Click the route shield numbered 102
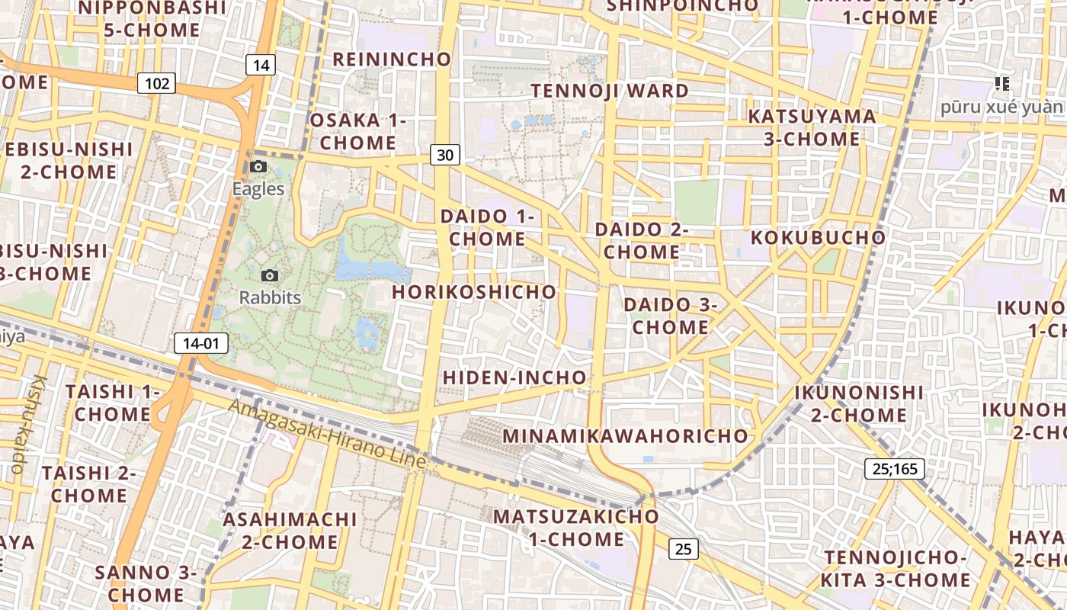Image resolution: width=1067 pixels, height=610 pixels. (x=157, y=83)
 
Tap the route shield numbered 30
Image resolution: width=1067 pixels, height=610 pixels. (x=445, y=155)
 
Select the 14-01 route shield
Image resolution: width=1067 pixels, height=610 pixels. (x=201, y=343)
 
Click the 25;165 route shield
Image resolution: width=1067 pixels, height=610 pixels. (x=895, y=468)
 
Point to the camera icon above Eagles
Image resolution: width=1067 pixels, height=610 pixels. (x=258, y=167)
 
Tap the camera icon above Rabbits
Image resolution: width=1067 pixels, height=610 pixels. (x=269, y=275)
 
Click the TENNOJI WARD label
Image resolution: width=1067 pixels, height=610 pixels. (x=610, y=91)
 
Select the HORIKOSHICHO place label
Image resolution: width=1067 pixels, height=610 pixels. (x=474, y=292)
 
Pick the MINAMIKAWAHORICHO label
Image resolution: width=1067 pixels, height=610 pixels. (x=626, y=436)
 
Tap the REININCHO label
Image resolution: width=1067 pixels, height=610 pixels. (x=392, y=59)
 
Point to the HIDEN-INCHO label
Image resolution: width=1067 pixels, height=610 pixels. (x=514, y=377)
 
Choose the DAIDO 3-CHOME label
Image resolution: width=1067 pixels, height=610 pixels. (x=671, y=316)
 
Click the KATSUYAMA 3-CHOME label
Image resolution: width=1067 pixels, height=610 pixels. (x=812, y=127)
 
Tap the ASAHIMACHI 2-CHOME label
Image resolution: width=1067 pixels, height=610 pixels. (x=290, y=531)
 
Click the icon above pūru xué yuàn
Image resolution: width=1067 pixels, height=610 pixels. (x=1002, y=84)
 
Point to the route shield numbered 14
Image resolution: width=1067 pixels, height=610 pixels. (x=261, y=65)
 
